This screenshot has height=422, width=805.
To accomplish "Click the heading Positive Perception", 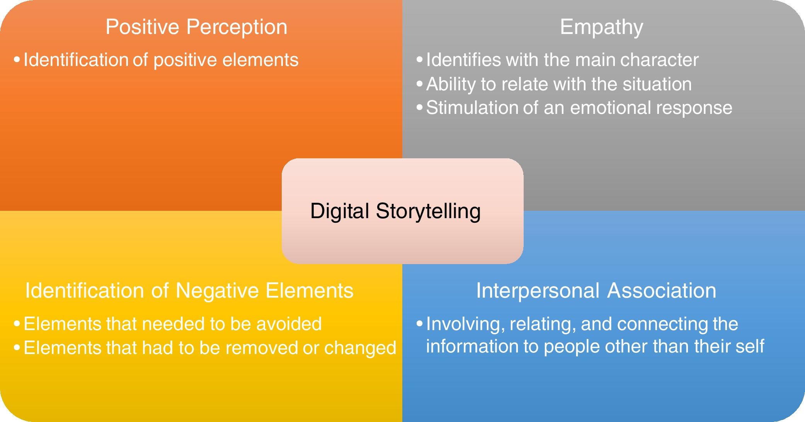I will tap(196, 27).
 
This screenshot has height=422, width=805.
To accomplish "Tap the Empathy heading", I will tap(601, 27).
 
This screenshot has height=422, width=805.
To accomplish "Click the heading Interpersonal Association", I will tap(596, 291).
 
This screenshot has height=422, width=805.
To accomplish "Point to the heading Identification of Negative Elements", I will tap(189, 291).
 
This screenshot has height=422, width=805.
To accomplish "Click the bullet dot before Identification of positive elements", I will tap(17, 60).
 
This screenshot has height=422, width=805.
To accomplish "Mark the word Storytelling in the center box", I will tap(428, 212).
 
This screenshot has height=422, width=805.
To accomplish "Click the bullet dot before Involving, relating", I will tap(419, 324).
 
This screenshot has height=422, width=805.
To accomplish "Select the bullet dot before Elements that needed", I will tap(17, 324).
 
